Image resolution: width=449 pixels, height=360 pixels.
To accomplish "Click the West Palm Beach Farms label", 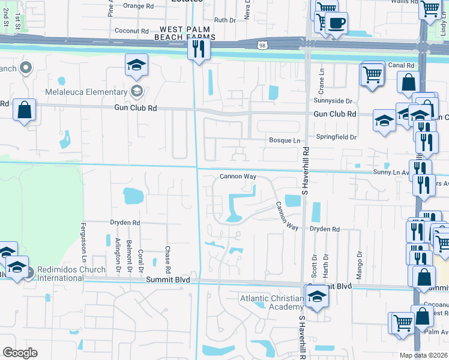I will point(187,33).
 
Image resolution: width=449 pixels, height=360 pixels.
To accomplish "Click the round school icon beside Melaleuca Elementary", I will point(137,91).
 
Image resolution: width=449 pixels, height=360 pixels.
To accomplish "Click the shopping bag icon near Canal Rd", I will point(408,83).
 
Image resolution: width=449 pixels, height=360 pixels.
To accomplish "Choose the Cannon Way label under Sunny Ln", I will point(238,177).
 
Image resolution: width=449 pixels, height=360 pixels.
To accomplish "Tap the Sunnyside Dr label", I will point(331,101).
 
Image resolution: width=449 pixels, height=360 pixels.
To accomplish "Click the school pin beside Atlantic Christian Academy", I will point(316,295).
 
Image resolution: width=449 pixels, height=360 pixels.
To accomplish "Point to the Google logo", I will point(20,352).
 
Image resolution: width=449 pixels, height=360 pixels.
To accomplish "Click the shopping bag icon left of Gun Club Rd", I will point(24,110).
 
